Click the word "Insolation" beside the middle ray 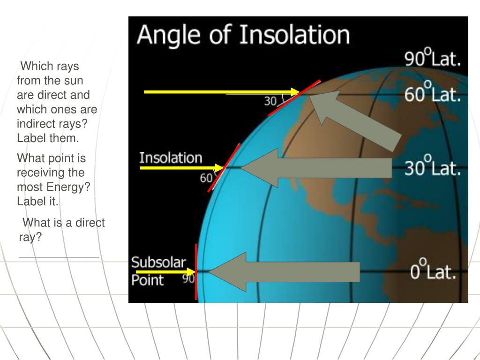click(x=171, y=158)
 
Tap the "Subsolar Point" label click(x=158, y=271)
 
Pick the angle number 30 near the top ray click(x=270, y=101)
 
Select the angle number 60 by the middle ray click(x=206, y=178)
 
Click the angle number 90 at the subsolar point click(x=188, y=279)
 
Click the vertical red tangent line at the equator click(x=196, y=272)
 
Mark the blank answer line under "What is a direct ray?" click(x=59, y=256)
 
